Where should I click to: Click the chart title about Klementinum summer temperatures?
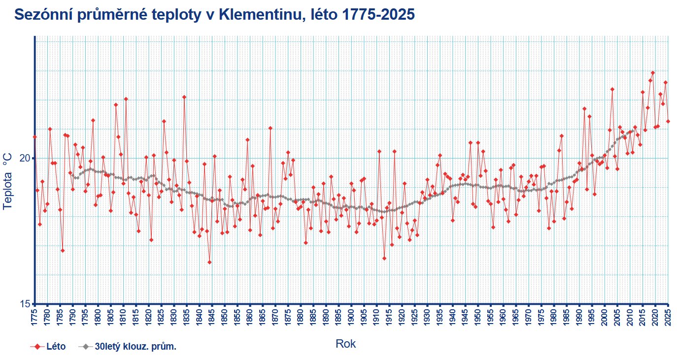(x=214, y=15)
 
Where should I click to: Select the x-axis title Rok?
(x=345, y=344)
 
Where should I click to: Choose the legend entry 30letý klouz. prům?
(x=129, y=347)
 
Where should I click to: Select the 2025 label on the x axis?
(x=669, y=318)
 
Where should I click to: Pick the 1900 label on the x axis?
(x=352, y=318)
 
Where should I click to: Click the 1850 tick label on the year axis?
(x=225, y=318)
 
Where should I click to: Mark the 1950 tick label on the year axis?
(x=478, y=318)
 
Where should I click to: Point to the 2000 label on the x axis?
(x=605, y=318)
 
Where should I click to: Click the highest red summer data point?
(x=653, y=73)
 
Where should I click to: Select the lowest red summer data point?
(x=209, y=262)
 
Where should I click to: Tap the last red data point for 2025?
(x=668, y=121)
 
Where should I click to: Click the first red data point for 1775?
(x=35, y=137)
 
